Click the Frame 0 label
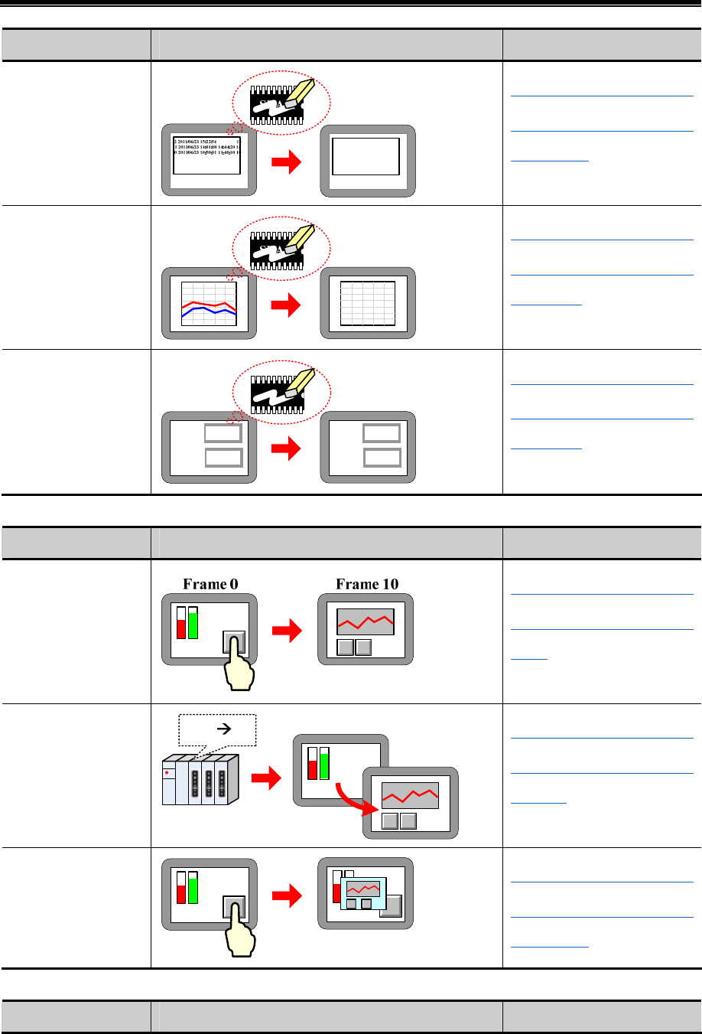coord(210,584)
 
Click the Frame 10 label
coord(367,584)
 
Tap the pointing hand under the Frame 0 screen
coord(239,666)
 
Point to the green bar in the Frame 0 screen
coord(192,623)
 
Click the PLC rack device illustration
coord(200,779)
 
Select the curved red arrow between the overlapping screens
coord(355,797)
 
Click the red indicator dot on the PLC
coord(167,773)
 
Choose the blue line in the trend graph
coord(209,312)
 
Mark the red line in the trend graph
coord(209,304)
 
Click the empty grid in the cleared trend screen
coord(368,303)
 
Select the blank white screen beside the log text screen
coord(366,158)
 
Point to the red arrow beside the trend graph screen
coord(288,305)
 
